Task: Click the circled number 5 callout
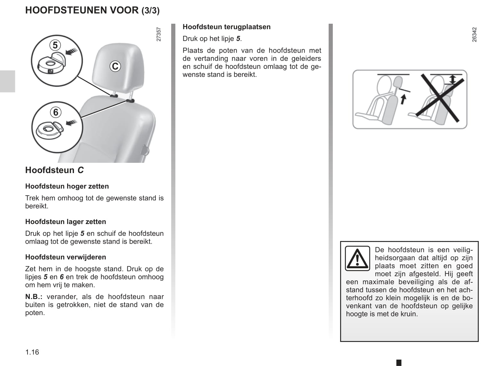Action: pyautogui.click(x=55, y=46)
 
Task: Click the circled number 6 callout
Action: pyautogui.click(x=56, y=112)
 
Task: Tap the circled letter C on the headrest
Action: pyautogui.click(x=115, y=66)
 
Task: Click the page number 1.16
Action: pyautogui.click(x=32, y=352)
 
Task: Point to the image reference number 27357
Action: pyautogui.click(x=159, y=34)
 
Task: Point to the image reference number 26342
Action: pyautogui.click(x=474, y=34)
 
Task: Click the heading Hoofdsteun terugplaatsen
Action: pyautogui.click(x=227, y=27)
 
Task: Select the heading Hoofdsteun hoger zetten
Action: pyautogui.click(x=67, y=186)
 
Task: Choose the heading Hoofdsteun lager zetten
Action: pyautogui.click(x=66, y=222)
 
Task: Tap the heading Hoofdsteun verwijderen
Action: pyautogui.click(x=66, y=257)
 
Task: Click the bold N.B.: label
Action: pyautogui.click(x=34, y=297)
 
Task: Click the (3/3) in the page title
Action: pyautogui.click(x=150, y=11)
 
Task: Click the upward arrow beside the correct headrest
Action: pyautogui.click(x=403, y=99)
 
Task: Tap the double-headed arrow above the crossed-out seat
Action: pyautogui.click(x=452, y=79)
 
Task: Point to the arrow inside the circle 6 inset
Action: pyautogui.click(x=71, y=122)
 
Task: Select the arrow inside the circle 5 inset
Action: pyautogui.click(x=72, y=51)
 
